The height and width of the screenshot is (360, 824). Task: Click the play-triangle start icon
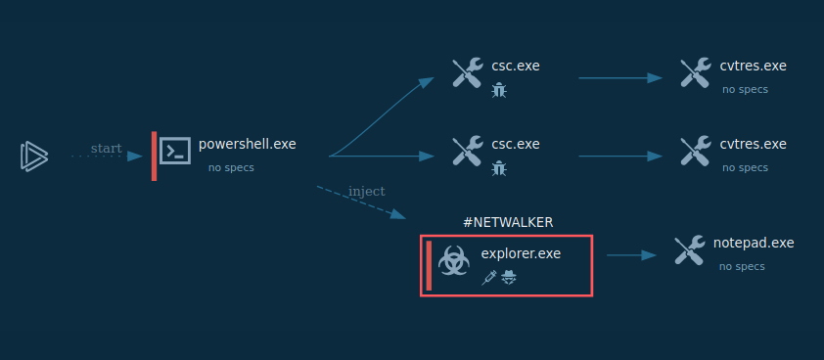(33, 156)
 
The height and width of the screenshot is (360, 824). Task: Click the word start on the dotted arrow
(106, 149)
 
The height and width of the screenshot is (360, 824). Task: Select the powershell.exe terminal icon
(175, 150)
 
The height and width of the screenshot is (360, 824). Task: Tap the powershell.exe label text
(247, 144)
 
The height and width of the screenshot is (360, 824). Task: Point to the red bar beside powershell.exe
(154, 156)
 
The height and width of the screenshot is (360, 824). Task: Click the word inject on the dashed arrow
(366, 191)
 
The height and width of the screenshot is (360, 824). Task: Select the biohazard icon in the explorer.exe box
(453, 261)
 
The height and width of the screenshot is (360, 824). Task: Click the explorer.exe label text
(521, 253)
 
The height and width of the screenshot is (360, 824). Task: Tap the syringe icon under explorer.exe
(489, 278)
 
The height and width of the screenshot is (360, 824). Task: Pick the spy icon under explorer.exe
(509, 278)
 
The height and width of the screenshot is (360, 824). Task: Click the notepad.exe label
(754, 243)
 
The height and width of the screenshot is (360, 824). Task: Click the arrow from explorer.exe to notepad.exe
(631, 255)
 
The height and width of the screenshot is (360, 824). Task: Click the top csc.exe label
(516, 66)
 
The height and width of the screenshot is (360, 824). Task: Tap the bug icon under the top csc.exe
(499, 90)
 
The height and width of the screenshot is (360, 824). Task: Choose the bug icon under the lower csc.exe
(499, 168)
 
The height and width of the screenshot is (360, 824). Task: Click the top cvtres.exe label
(753, 66)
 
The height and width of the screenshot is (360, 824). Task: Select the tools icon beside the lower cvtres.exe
(695, 151)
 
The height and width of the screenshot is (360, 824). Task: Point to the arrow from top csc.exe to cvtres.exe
(621, 77)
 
